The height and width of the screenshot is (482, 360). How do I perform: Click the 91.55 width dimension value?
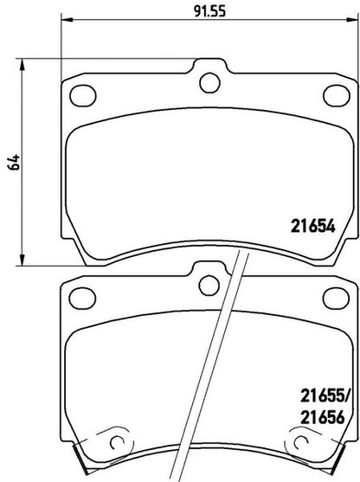tap(210, 11)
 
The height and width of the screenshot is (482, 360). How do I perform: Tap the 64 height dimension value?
tap(14, 162)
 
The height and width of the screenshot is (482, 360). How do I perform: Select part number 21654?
tap(313, 227)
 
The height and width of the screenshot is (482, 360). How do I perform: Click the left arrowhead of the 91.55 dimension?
tap(67, 20)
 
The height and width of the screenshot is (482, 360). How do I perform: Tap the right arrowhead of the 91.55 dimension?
tap(352, 20)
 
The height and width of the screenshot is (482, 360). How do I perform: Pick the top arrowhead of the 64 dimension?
tap(22, 64)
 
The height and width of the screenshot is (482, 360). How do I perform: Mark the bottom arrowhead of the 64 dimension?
tap(22, 259)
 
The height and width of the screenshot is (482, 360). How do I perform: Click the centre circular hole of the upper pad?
tap(209, 82)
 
